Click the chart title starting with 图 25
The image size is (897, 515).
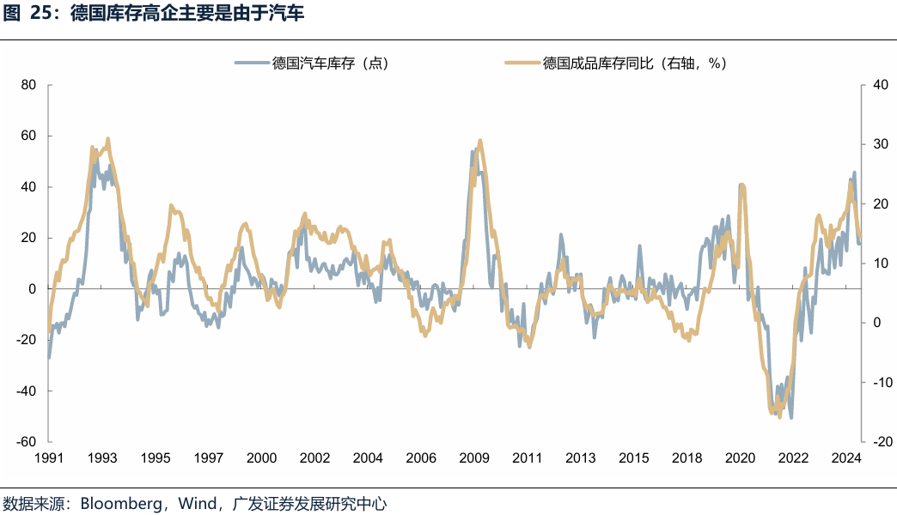(155, 15)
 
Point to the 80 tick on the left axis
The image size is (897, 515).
(27, 85)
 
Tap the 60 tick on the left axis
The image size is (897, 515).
(27, 136)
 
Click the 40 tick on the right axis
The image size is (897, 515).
(879, 85)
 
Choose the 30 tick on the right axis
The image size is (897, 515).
(879, 144)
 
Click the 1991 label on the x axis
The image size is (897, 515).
(49, 457)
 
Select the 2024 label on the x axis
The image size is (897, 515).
(846, 457)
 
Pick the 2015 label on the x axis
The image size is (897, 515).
(633, 457)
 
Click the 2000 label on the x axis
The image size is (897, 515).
(261, 457)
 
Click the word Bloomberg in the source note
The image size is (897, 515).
(121, 502)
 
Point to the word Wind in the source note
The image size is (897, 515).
(196, 502)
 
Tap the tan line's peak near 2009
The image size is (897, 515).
(479, 141)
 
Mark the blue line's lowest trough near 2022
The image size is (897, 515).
(790, 417)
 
